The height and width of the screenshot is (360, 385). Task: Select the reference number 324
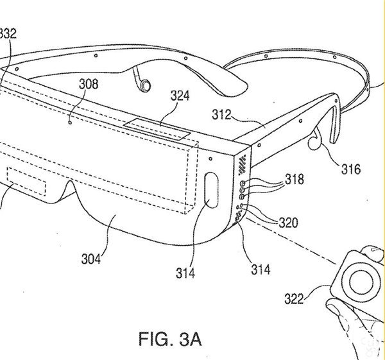(x=180, y=96)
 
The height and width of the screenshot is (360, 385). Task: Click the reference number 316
(x=350, y=169)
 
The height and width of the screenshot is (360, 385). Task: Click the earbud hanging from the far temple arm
(x=145, y=83)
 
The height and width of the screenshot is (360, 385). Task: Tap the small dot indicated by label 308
(x=70, y=120)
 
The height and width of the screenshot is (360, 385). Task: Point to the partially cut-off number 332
(x=8, y=33)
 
